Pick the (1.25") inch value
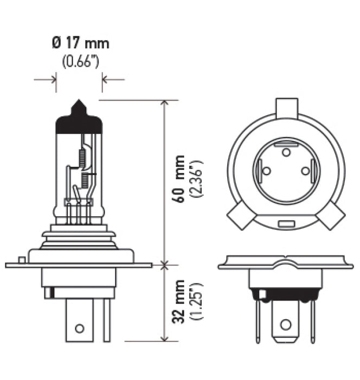(x=197, y=301)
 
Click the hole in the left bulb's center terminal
(x=80, y=328)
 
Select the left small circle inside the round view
(x=266, y=171)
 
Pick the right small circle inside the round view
(x=305, y=171)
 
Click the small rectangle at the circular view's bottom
(x=286, y=224)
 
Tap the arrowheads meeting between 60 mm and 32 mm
(x=164, y=265)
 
